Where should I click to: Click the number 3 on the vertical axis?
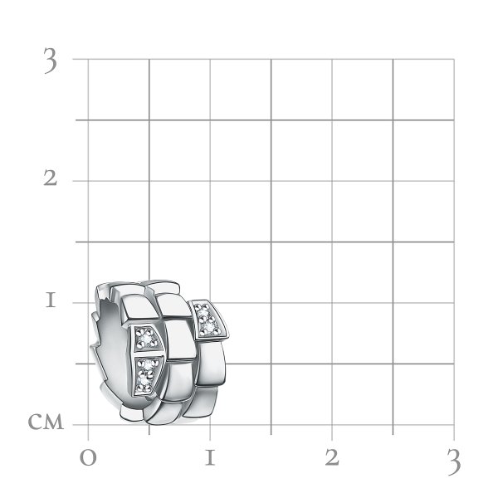(51, 61)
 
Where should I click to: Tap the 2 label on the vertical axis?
(50, 178)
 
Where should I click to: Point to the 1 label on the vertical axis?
(51, 300)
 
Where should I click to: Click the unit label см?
(46, 422)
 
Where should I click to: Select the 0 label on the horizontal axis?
(88, 458)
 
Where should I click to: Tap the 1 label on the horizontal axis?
(210, 457)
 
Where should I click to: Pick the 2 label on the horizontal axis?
(332, 457)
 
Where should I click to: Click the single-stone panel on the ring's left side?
(147, 338)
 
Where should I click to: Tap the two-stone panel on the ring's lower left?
(146, 375)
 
